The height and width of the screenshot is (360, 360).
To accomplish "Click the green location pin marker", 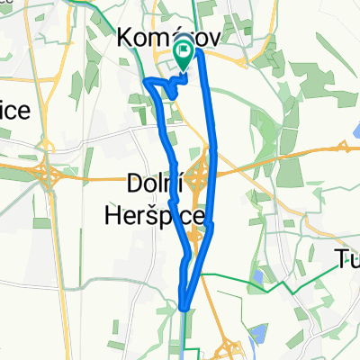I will [184, 56].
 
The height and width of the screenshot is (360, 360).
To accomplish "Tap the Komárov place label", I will [170, 38].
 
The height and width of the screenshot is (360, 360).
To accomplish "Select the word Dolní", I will [151, 186].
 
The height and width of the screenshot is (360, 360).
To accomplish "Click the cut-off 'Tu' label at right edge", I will [347, 261].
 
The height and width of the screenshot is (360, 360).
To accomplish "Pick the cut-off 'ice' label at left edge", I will [15, 111].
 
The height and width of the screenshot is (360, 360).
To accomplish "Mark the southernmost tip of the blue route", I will [184, 306].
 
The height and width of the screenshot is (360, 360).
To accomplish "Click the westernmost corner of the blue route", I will [145, 80].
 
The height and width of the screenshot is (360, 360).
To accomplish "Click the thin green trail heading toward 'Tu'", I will [297, 286].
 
